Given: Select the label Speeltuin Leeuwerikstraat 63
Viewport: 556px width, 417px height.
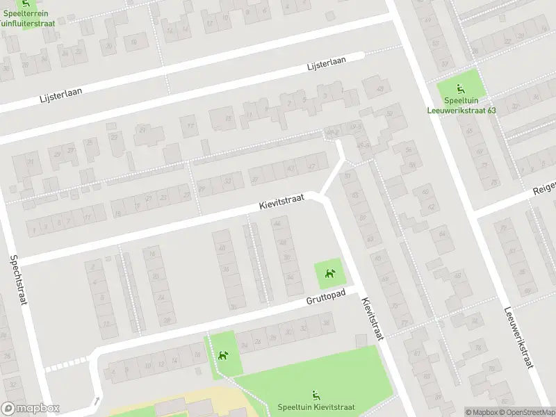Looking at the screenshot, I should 461,105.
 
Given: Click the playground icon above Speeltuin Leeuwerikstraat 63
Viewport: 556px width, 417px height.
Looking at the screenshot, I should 460,88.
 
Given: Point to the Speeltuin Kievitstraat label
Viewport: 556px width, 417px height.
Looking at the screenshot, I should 316,407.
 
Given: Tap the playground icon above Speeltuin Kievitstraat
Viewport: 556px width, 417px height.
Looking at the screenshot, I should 316,395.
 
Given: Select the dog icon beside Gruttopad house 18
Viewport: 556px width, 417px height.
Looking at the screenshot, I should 223,356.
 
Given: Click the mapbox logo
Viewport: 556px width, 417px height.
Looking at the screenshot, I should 31,409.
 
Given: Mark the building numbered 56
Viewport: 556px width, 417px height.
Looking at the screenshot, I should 409,150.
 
